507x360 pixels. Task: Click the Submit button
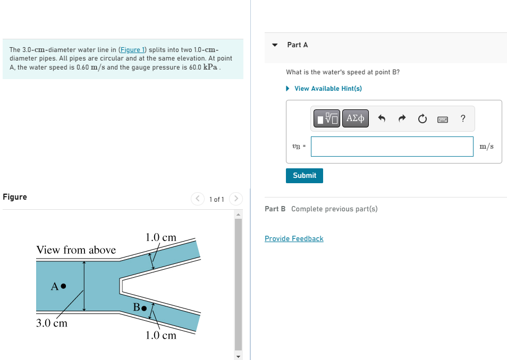pyautogui.click(x=304, y=175)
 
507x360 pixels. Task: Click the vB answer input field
pyautogui.click(x=392, y=147)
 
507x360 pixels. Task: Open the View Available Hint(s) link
pyautogui.click(x=327, y=88)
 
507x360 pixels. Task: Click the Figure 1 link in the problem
pyautogui.click(x=132, y=49)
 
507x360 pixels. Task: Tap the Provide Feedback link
pyautogui.click(x=294, y=238)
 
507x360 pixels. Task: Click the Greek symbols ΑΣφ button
pyautogui.click(x=355, y=118)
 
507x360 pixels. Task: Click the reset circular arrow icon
pyautogui.click(x=422, y=119)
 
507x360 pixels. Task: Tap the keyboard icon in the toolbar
pyautogui.click(x=443, y=119)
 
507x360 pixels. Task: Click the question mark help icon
pyautogui.click(x=463, y=118)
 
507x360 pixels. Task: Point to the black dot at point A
pyautogui.click(x=63, y=286)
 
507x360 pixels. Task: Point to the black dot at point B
pyautogui.click(x=144, y=307)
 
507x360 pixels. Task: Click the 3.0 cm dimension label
pyautogui.click(x=52, y=323)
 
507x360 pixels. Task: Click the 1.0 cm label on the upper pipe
pyautogui.click(x=160, y=237)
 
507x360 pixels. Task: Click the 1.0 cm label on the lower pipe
pyautogui.click(x=160, y=335)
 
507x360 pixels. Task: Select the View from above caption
pyautogui.click(x=76, y=250)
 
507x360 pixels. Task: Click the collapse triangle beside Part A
pyautogui.click(x=275, y=45)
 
